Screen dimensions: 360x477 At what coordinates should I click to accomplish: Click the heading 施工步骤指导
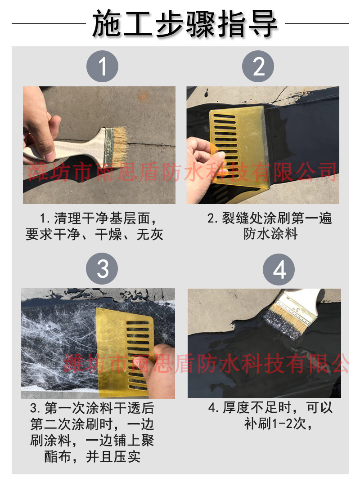(x=184, y=24)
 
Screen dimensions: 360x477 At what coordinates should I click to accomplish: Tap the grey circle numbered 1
(x=102, y=66)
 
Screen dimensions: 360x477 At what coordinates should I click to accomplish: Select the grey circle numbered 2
(x=258, y=66)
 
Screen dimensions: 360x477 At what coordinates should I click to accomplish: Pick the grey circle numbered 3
(x=102, y=268)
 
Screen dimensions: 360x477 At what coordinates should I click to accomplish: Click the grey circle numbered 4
(x=279, y=269)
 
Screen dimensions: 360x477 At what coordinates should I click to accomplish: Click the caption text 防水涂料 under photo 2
(x=270, y=234)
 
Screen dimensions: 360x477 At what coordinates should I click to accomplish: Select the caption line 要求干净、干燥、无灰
(x=94, y=234)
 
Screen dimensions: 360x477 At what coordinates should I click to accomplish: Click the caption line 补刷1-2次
(x=278, y=424)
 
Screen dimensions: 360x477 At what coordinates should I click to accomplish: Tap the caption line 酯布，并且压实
(x=93, y=457)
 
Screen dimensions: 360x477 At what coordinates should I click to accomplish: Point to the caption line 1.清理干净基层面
(x=98, y=218)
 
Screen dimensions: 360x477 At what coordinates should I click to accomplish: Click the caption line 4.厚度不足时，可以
(x=270, y=408)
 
